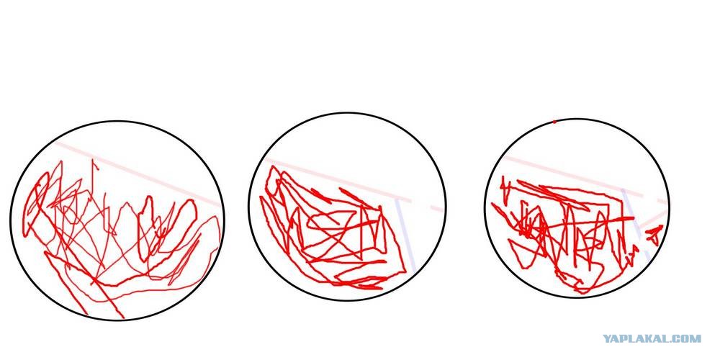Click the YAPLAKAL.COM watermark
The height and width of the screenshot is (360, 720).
[652, 339]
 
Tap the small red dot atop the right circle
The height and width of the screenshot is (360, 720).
[554, 122]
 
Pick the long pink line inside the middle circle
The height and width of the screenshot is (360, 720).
[338, 179]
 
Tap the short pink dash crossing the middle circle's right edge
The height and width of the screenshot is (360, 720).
[438, 209]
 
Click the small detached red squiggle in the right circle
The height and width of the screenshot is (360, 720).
[654, 235]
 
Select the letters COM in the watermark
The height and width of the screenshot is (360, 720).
[688, 339]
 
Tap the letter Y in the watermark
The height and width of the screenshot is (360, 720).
[607, 339]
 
